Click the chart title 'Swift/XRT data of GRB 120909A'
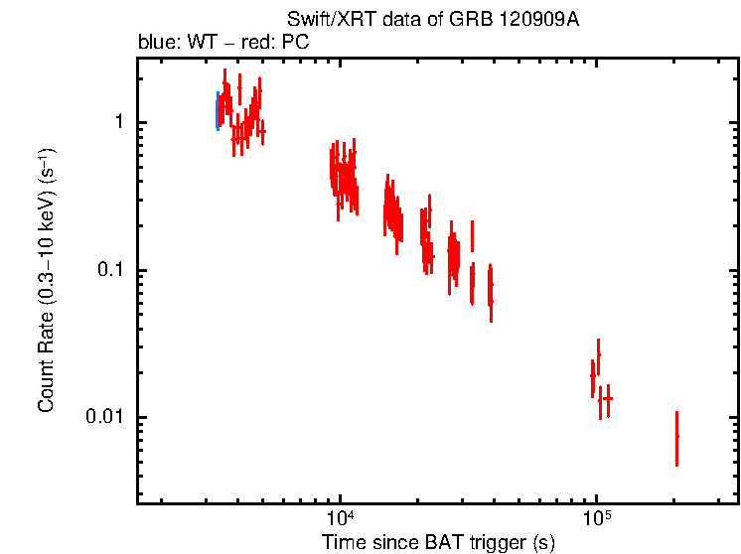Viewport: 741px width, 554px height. [432, 21]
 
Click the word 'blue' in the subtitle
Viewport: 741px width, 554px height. [153, 44]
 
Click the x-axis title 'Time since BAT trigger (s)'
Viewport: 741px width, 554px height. [438, 542]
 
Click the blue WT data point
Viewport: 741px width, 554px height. [217, 111]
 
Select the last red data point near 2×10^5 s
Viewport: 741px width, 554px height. [676, 437]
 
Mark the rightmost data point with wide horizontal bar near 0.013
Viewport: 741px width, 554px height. [607, 398]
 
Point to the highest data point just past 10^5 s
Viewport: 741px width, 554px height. [598, 354]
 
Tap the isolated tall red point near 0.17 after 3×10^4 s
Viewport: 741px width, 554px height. [472, 236]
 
